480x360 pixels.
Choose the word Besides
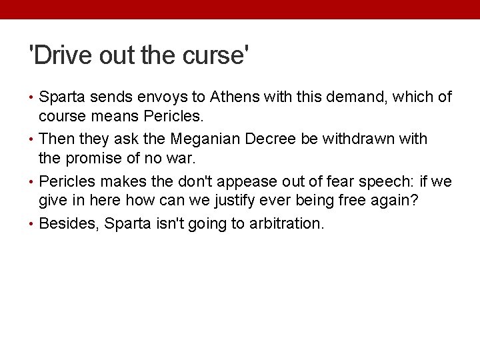[68, 223]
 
